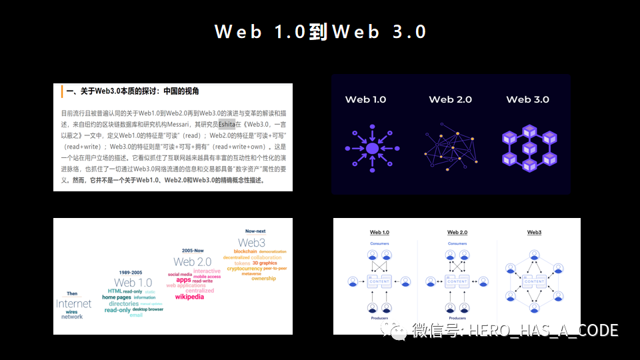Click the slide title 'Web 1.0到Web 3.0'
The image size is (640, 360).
coord(320,31)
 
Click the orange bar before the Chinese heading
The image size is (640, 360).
coord(61,91)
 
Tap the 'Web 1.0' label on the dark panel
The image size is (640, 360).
coord(365,99)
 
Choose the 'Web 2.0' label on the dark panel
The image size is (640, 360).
coord(450,99)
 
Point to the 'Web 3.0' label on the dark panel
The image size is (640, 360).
coord(527,99)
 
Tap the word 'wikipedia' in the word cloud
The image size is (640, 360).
coord(189,297)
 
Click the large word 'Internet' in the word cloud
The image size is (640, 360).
coord(73,305)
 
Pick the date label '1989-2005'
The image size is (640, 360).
coord(131,273)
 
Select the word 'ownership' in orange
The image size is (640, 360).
coord(263,279)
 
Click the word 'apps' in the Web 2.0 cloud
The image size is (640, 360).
coord(183,280)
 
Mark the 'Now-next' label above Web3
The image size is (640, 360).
coord(255,231)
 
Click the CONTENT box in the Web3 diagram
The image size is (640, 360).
coord(534,281)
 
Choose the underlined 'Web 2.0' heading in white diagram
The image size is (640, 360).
coord(457,232)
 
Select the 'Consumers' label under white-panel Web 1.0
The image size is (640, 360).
coord(379,243)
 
